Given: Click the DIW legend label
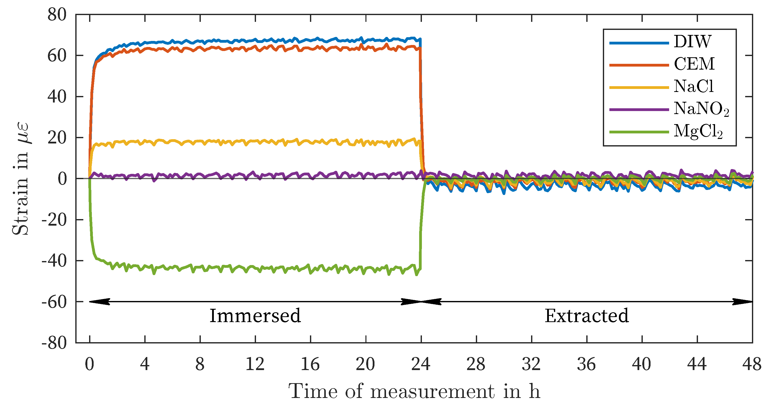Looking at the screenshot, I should (x=692, y=41).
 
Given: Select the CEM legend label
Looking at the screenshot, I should (x=694, y=64).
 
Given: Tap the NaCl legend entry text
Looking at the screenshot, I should (x=693, y=87).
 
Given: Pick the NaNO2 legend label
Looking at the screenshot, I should (x=701, y=109).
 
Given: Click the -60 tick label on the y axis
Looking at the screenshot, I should (x=54, y=302).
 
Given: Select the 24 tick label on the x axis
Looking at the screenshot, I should (x=421, y=365).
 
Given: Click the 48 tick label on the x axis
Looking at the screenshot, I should (x=752, y=365).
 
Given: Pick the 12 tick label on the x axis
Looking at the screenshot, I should (x=255, y=365).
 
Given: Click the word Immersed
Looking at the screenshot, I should (x=255, y=316).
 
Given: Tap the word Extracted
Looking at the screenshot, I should (x=587, y=316).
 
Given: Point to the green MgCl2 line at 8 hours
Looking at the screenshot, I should (x=200, y=267).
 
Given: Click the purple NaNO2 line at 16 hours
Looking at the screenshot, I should (x=311, y=176).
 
